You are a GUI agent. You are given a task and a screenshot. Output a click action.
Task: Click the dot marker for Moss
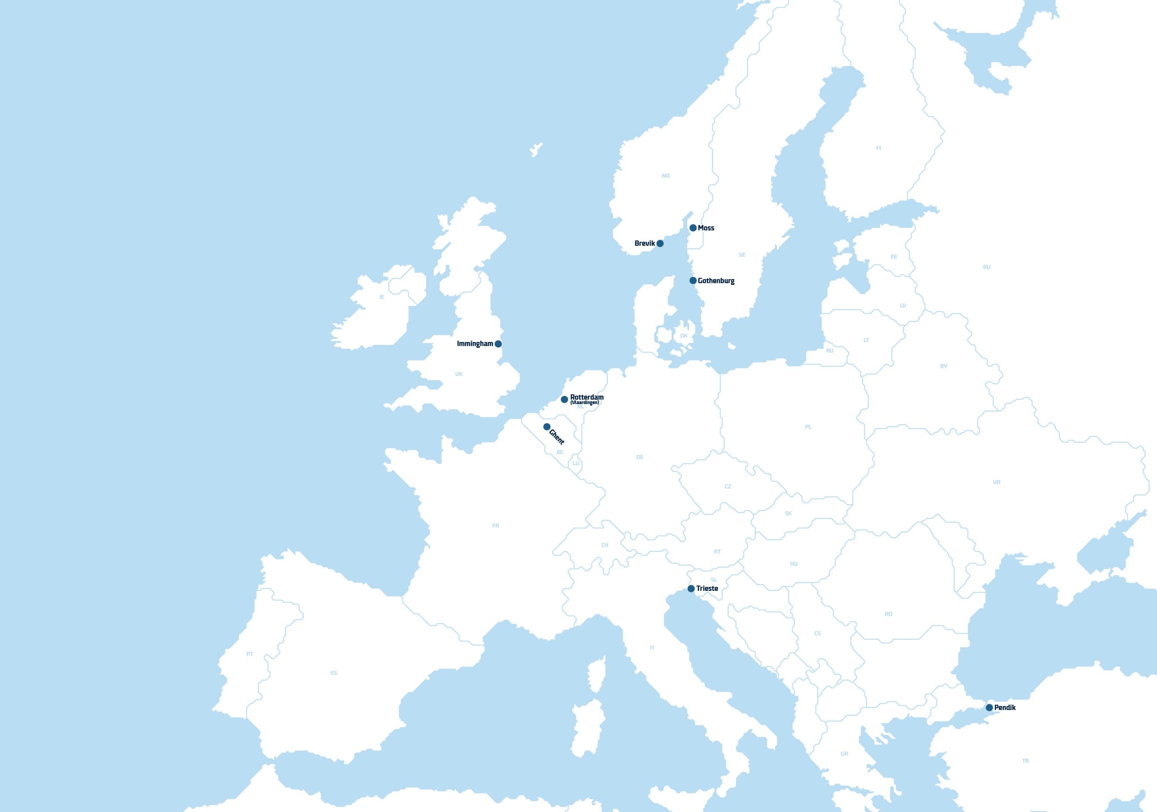click(693, 228)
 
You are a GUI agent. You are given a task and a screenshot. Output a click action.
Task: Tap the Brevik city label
click(645, 244)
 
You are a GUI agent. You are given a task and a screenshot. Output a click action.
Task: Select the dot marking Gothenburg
click(693, 280)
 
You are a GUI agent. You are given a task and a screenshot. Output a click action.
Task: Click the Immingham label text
click(475, 344)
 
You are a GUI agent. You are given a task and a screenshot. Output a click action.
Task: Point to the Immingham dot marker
click(498, 344)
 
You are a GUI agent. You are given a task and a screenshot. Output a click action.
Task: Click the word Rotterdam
click(587, 397)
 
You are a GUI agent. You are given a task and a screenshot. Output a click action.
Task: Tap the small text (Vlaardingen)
click(584, 403)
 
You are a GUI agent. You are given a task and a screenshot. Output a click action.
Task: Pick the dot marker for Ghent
click(547, 427)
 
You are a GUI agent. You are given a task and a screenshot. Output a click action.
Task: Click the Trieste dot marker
click(691, 589)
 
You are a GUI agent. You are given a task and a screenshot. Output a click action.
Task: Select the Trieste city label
click(707, 589)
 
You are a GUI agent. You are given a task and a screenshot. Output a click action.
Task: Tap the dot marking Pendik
click(989, 708)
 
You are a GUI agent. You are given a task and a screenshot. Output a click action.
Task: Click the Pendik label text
click(1005, 708)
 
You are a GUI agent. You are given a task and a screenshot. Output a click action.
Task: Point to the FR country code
click(495, 526)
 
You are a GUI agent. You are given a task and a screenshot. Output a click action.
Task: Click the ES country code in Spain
click(334, 673)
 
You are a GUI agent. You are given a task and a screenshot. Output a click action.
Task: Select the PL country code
click(808, 427)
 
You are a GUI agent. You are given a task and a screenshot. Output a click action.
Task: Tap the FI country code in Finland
click(878, 148)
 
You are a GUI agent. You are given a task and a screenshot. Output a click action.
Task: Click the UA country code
click(996, 482)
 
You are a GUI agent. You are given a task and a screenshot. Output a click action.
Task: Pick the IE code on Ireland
click(381, 297)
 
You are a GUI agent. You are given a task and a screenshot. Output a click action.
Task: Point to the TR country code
click(1026, 761)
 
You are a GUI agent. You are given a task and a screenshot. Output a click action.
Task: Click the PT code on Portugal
click(250, 654)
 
